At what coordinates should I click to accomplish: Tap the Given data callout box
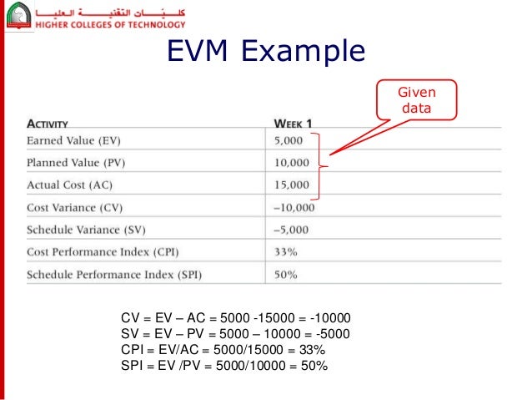(414, 99)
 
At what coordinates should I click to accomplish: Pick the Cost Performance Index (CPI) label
(103, 251)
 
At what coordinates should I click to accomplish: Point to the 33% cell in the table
(284, 251)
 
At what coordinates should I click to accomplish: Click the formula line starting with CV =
(236, 318)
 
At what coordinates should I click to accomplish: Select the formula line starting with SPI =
(224, 366)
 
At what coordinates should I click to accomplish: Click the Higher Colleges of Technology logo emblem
(18, 15)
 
